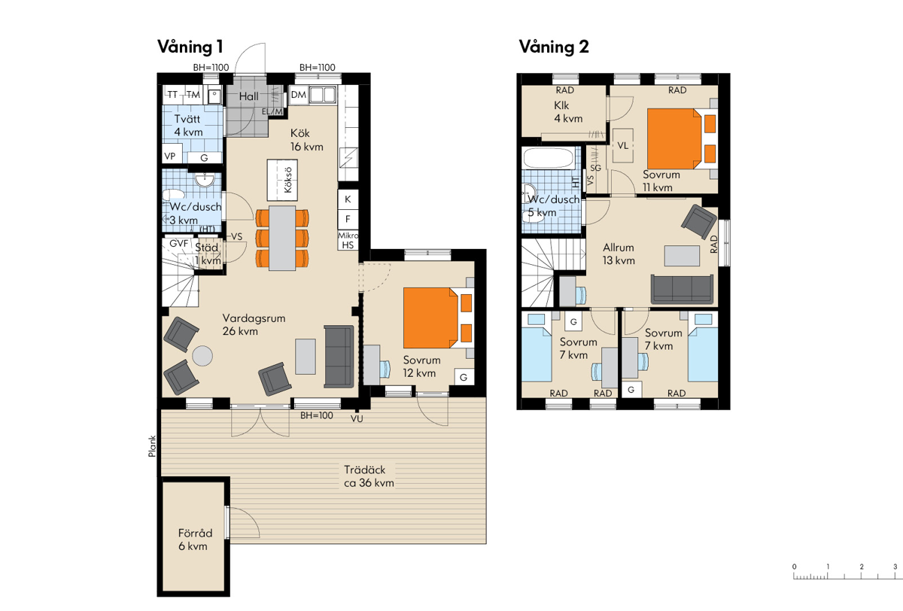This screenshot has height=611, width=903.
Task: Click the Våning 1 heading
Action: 190,47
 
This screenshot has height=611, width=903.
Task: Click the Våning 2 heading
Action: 554,47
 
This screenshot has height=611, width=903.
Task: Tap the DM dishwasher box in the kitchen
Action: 299,95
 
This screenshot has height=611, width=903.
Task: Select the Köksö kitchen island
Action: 282,180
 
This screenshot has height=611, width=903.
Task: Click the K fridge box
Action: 348,199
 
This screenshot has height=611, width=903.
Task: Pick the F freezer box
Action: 348,219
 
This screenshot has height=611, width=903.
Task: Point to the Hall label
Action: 249,96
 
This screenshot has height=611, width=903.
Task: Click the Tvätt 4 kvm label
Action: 188,126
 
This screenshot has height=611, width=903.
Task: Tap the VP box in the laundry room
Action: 170,156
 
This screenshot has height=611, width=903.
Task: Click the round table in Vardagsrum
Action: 202,356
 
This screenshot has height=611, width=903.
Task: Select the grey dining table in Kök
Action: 282,238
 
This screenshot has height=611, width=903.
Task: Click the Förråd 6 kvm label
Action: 195,540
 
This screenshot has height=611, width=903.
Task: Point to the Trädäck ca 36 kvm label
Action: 369,476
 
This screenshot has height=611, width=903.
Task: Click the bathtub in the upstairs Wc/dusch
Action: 549,158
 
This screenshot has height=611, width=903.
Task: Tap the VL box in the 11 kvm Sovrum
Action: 623,145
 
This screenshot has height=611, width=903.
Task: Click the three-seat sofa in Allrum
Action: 682,289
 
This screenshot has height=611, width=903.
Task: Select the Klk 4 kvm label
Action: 568,111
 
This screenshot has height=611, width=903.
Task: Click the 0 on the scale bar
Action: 794,567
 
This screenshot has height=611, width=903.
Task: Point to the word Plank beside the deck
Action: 152,446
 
